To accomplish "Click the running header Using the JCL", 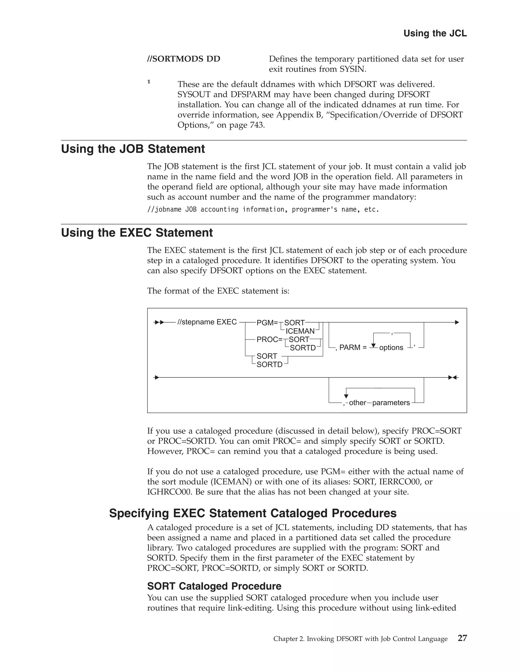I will click(x=435, y=33).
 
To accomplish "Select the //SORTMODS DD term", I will click(x=183, y=59).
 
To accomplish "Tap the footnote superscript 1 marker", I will click(x=149, y=82).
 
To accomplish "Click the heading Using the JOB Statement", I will click(x=133, y=149).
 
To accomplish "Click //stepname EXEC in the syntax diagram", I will click(x=207, y=322).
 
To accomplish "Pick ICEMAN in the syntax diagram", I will click(x=300, y=331).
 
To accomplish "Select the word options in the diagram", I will click(x=391, y=348).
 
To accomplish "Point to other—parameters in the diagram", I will click(x=379, y=403).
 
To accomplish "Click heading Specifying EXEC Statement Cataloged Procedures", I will click(x=253, y=513).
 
